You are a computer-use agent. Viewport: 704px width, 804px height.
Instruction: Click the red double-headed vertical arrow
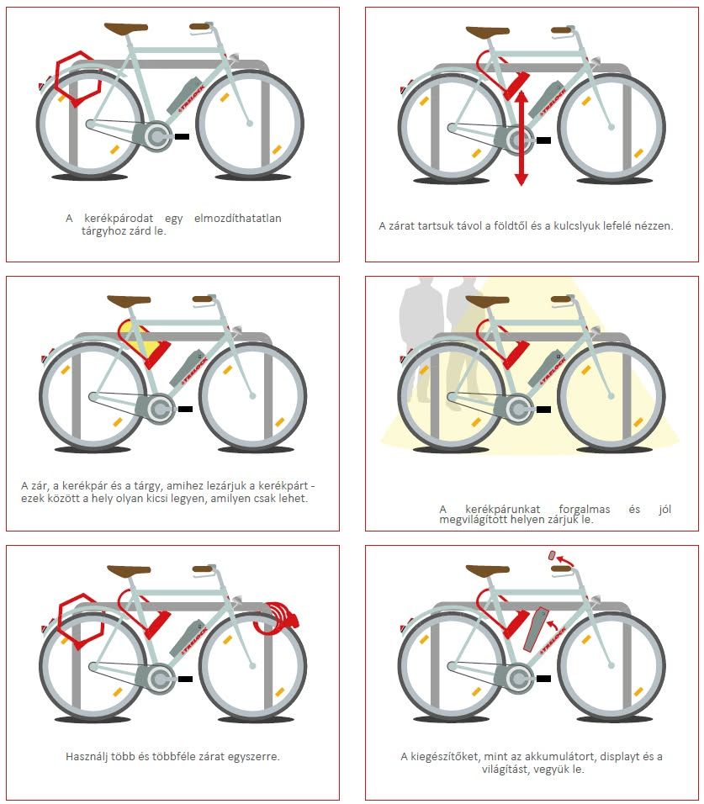point(521,138)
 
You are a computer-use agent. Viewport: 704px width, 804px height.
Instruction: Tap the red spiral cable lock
point(275,620)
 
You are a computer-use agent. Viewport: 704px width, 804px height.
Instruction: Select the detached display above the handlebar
point(553,555)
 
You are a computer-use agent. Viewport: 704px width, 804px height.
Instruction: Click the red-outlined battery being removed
point(535,629)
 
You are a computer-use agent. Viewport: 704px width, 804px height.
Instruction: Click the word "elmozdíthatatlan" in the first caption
point(237,218)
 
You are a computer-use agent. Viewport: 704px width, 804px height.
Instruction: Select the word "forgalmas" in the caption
point(584,509)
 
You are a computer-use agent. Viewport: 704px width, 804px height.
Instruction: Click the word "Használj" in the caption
point(87,756)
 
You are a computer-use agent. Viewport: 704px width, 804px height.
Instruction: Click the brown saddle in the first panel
point(125,29)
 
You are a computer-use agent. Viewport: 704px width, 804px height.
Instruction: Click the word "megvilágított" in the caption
point(471,520)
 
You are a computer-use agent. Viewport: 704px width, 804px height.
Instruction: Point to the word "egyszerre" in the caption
point(256,757)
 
